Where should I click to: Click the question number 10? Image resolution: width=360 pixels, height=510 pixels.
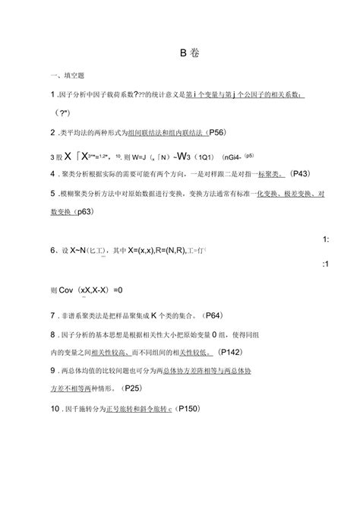(55, 408)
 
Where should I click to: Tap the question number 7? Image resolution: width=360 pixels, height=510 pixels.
(52, 314)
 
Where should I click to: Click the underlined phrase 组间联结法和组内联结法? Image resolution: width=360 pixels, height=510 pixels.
(166, 132)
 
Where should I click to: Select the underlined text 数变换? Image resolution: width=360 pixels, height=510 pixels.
(61, 211)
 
